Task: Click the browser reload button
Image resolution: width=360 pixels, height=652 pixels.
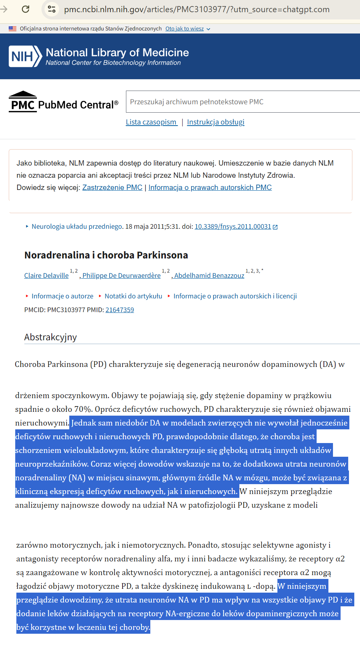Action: click(x=25, y=9)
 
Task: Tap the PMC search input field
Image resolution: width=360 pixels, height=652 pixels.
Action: click(x=243, y=102)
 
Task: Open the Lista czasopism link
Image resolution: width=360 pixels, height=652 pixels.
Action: click(x=151, y=122)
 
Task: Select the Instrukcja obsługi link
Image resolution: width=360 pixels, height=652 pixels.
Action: click(x=216, y=122)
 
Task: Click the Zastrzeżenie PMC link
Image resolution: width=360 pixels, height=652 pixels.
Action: click(x=112, y=188)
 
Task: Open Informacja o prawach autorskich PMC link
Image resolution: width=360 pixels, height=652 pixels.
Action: click(x=210, y=188)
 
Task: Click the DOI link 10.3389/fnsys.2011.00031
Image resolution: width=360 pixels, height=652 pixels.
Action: click(x=233, y=227)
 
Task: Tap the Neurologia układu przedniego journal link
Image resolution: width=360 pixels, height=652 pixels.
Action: click(x=76, y=227)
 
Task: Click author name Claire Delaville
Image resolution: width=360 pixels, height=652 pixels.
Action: click(x=46, y=276)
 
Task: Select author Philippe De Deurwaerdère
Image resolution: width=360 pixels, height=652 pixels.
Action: click(x=121, y=276)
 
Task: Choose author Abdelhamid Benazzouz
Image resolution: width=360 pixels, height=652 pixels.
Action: click(x=209, y=276)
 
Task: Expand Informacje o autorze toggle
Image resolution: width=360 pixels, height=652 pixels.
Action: click(x=62, y=296)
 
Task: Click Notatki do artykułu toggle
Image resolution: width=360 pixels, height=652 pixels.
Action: click(x=133, y=296)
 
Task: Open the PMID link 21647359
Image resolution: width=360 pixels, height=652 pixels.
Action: click(x=119, y=310)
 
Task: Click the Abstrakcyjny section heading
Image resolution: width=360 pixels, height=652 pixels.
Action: click(x=51, y=337)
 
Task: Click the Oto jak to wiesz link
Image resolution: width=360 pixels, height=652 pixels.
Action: click(x=185, y=29)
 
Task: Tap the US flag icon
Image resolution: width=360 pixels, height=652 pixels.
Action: click(x=13, y=29)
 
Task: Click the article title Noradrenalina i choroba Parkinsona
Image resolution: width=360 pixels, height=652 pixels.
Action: click(x=106, y=255)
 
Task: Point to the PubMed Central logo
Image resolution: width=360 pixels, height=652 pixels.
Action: click(x=64, y=102)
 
